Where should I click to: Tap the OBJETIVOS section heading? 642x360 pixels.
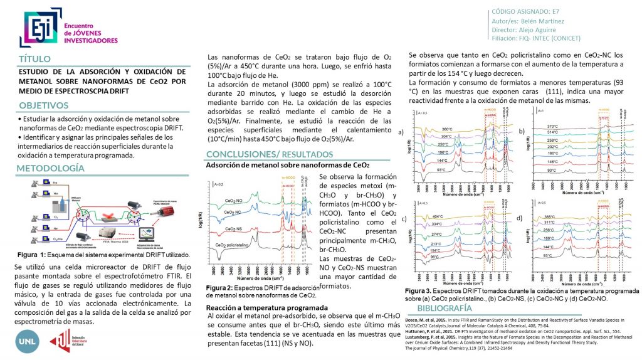tap(45, 105)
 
